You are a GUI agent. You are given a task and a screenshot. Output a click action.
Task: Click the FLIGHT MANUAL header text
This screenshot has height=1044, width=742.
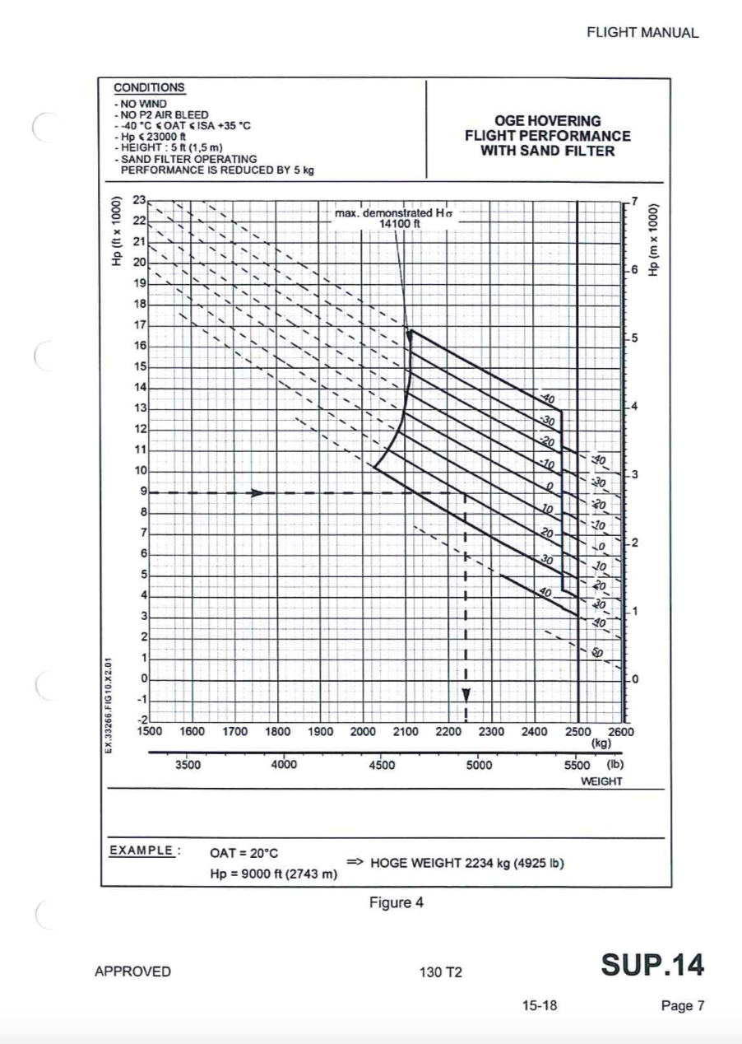[642, 34]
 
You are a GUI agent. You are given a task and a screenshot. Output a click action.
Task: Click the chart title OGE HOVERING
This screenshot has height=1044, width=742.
[547, 121]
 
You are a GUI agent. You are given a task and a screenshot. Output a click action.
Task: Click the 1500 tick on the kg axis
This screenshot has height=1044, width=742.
[149, 730]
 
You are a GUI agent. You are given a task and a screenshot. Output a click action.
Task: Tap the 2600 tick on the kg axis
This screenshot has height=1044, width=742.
[619, 730]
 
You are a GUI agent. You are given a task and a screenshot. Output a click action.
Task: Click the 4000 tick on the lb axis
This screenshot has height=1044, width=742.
[285, 764]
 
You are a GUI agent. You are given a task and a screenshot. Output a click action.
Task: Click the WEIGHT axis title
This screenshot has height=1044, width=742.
[601, 780]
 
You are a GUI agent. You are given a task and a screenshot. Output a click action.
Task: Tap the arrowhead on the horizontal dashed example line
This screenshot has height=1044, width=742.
[258, 493]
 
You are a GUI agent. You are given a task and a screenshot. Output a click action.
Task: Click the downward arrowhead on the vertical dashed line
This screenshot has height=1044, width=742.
[466, 696]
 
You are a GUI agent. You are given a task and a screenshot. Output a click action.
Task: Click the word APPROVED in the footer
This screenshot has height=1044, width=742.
[133, 972]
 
